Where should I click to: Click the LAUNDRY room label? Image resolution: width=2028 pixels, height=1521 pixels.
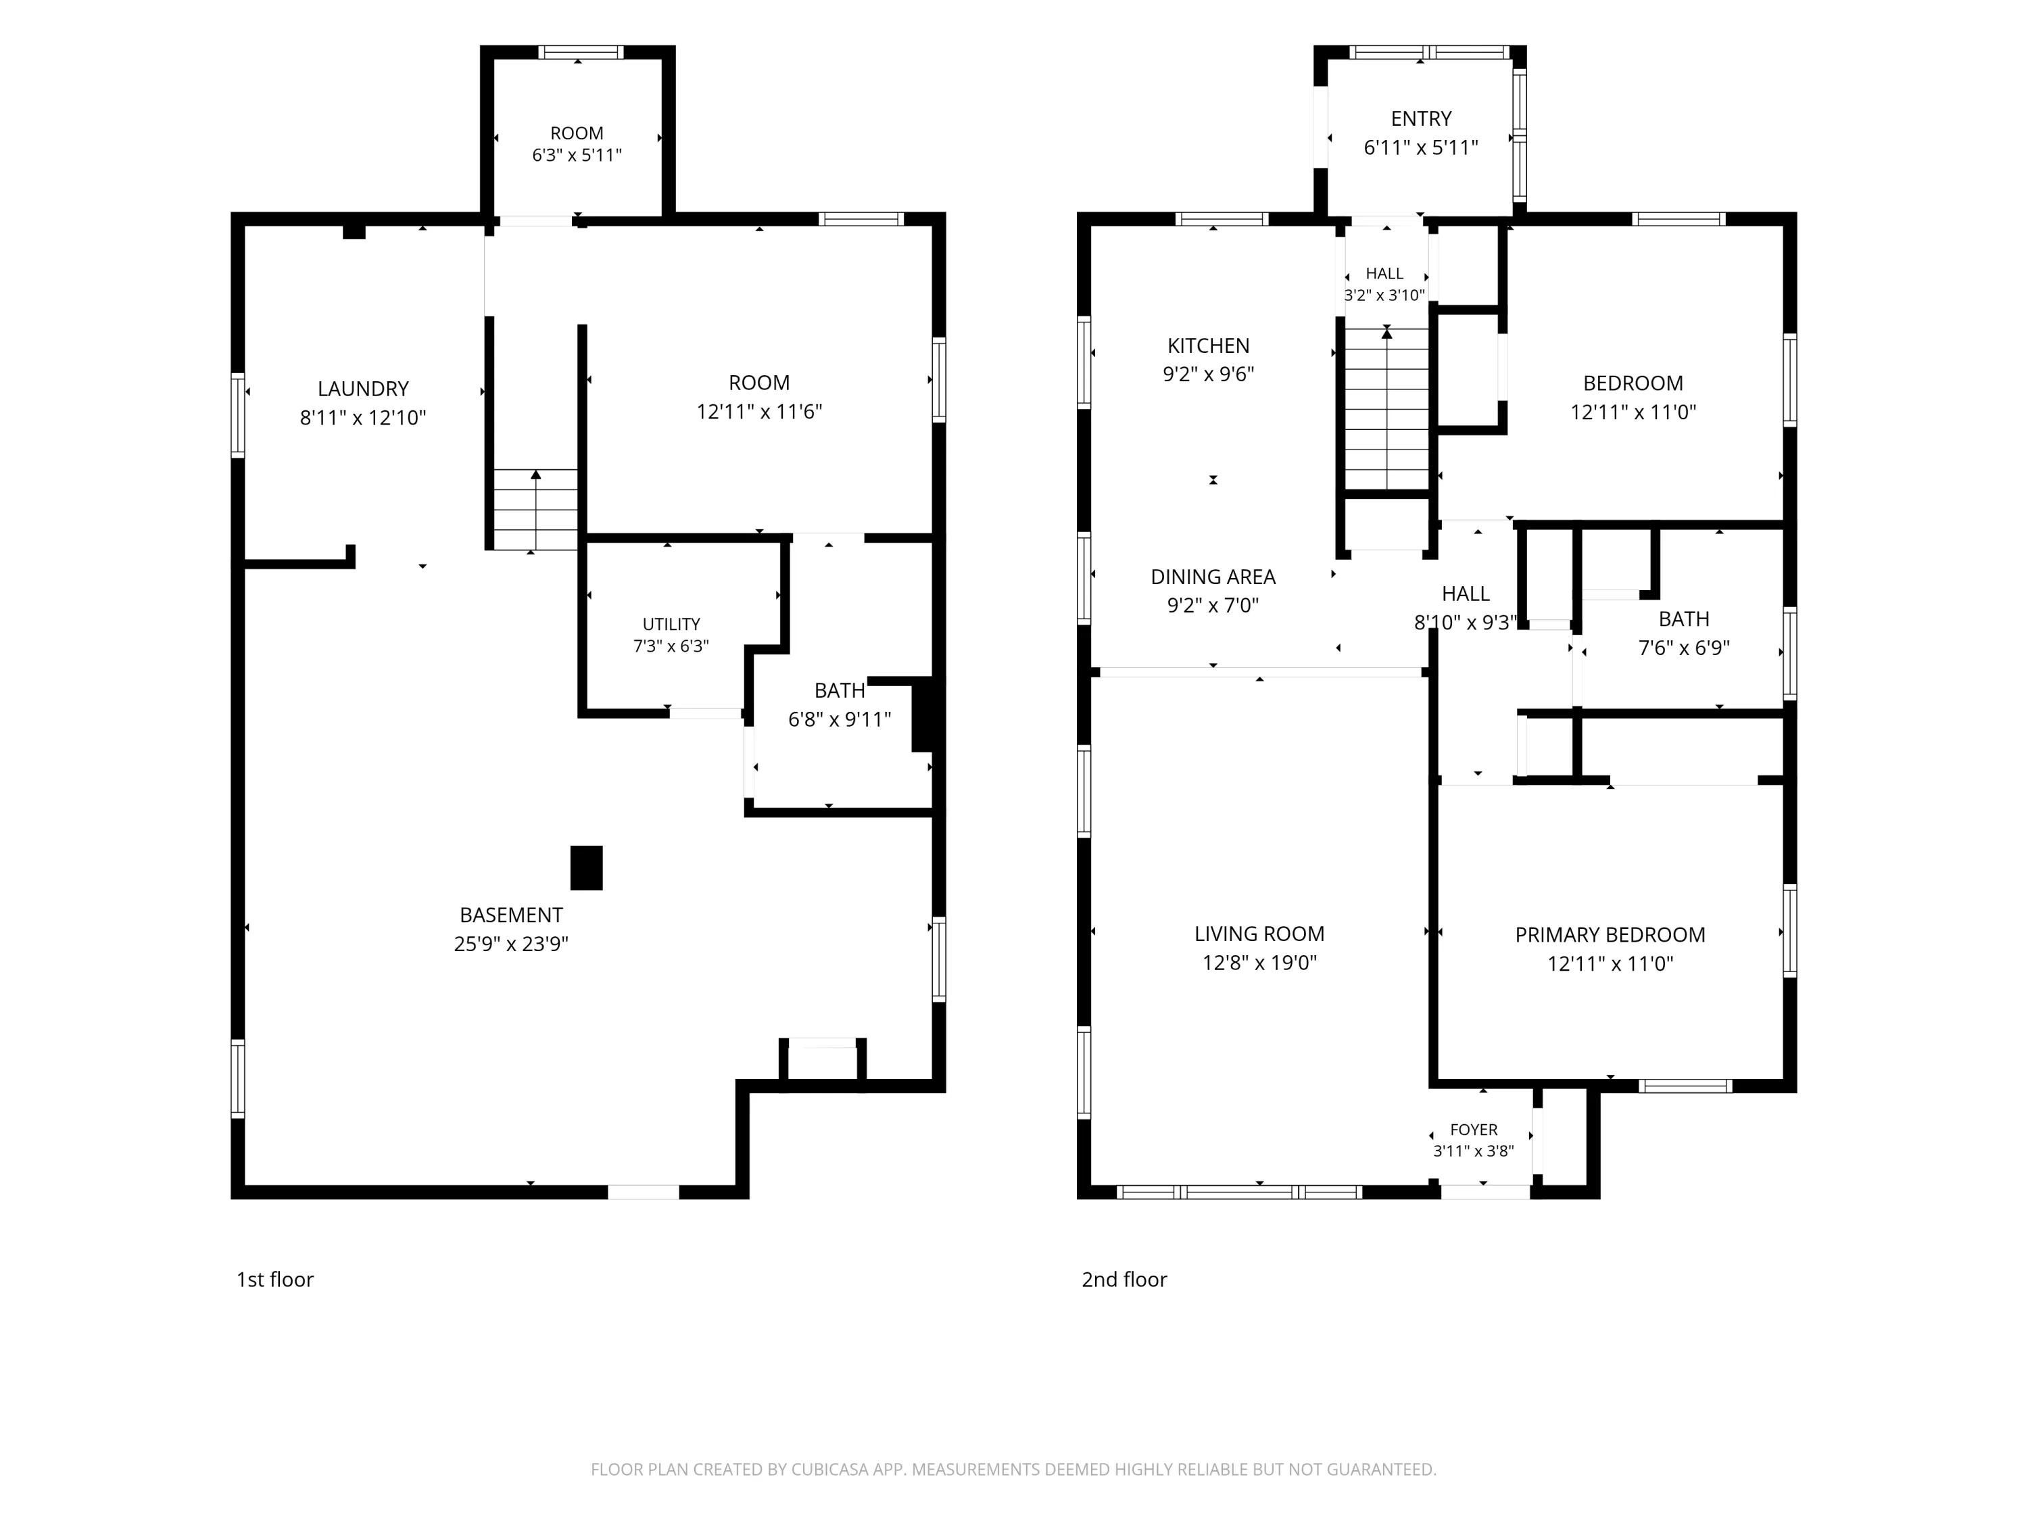point(363,389)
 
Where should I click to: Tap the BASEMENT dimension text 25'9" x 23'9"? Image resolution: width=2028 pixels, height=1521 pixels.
point(510,944)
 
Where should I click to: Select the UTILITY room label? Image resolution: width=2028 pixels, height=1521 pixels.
point(671,625)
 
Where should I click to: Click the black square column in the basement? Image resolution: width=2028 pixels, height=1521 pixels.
point(587,867)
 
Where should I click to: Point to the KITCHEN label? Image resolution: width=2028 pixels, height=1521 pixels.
point(1209,345)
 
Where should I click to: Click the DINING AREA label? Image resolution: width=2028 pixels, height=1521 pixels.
point(1213,577)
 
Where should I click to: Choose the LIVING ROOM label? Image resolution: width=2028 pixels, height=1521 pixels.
point(1259,934)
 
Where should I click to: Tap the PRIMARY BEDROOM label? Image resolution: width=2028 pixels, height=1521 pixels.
point(1610,934)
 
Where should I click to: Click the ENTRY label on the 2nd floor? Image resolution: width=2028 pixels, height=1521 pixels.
point(1421,118)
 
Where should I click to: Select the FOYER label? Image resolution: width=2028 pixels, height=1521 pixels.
point(1473,1130)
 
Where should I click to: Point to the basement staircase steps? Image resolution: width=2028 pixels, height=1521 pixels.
point(535,510)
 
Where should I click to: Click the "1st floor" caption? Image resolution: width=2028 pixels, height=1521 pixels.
point(275,1279)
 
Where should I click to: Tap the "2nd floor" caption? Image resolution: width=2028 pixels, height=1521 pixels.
point(1124,1279)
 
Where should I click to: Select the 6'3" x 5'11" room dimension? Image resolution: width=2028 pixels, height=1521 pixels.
point(577,155)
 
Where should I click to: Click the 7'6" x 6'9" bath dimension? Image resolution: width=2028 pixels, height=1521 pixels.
point(1683,648)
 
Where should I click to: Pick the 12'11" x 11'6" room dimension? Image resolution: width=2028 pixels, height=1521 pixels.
point(759,412)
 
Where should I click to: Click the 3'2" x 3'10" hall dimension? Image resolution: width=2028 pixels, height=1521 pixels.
point(1384,295)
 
